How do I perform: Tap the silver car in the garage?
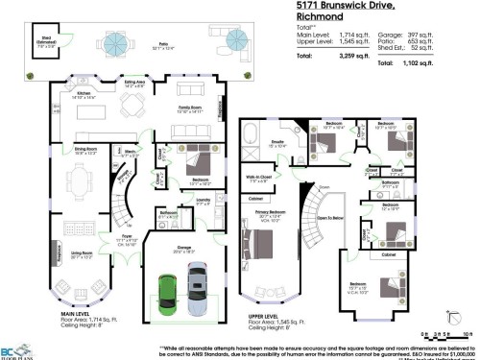coord(197,285)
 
